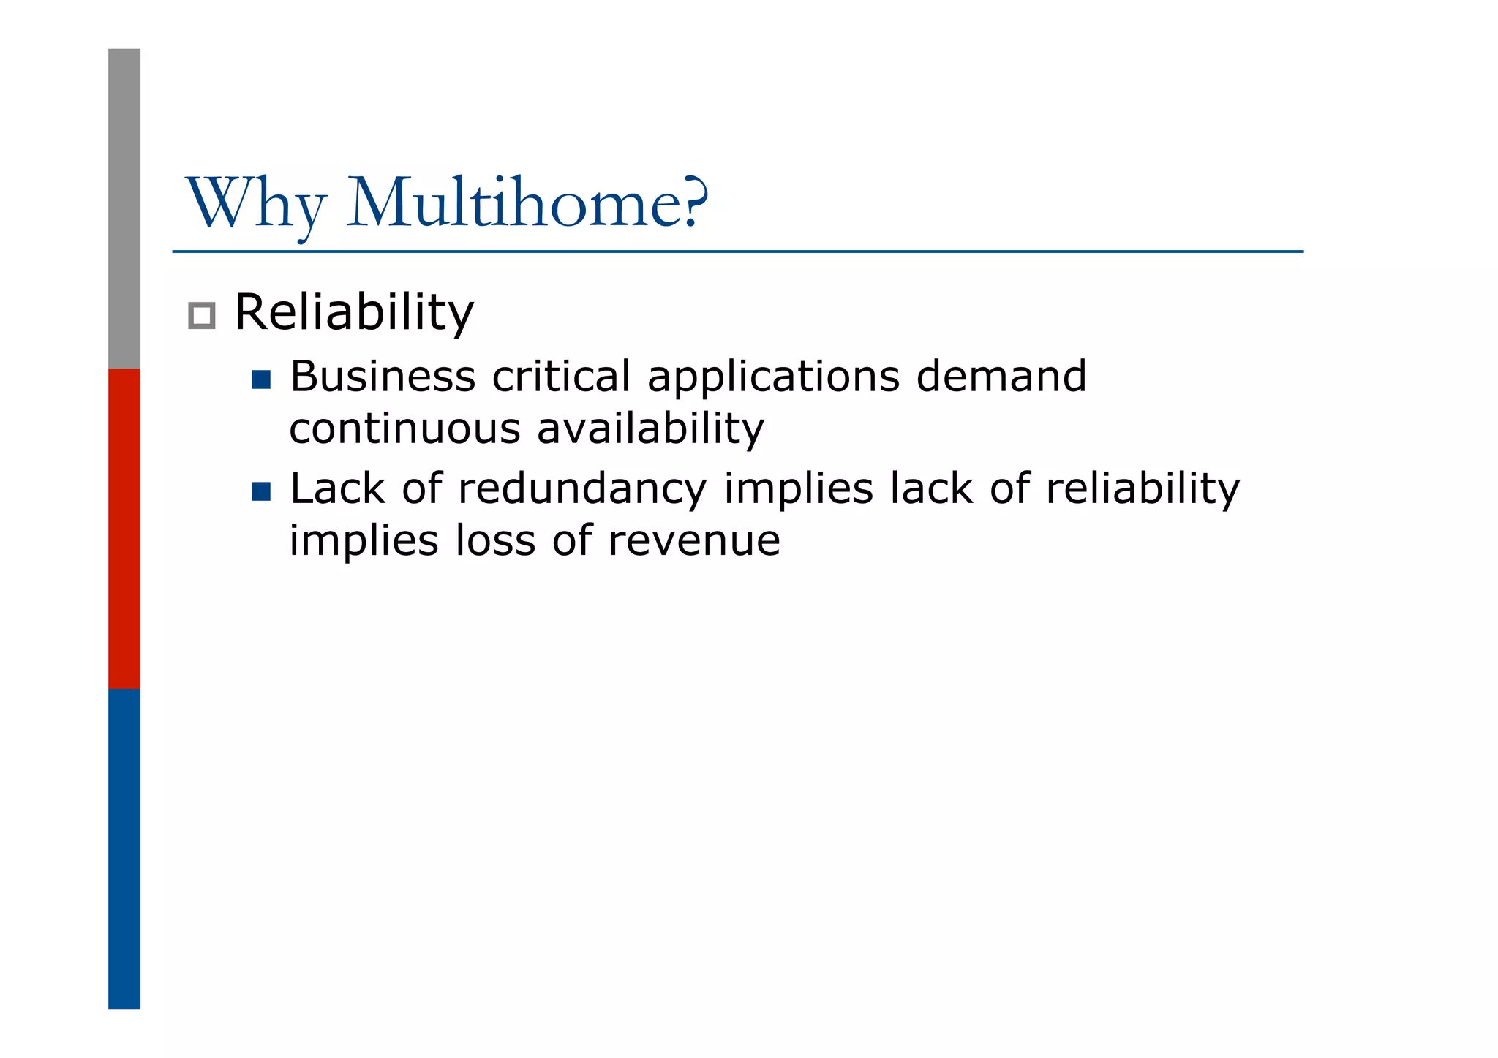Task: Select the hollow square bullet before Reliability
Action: tap(201, 316)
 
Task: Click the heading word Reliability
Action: tap(354, 313)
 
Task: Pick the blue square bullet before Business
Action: tap(261, 379)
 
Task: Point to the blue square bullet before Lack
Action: tap(261, 491)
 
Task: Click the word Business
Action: tap(383, 377)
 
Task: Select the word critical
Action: tap(560, 377)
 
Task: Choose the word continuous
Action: tap(404, 429)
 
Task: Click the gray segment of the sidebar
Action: tap(124, 208)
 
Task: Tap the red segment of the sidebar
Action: tap(124, 529)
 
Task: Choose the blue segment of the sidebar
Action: tap(124, 848)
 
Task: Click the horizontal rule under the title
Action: tap(737, 252)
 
